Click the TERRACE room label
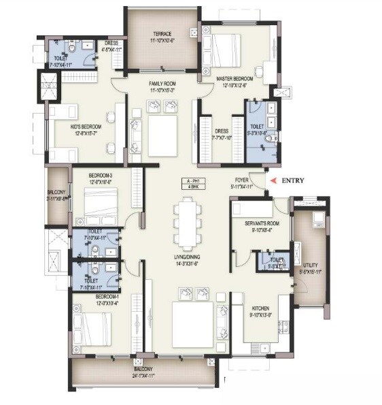click(x=162, y=33)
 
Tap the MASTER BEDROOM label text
click(x=235, y=78)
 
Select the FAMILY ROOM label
click(x=162, y=84)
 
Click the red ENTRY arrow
click(x=274, y=180)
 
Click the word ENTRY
click(x=293, y=180)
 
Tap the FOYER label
click(x=241, y=180)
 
